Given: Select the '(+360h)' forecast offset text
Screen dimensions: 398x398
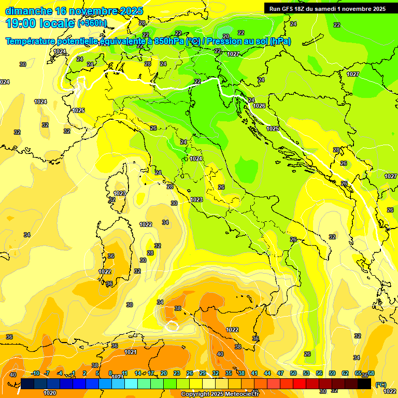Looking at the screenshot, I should (x=92, y=23).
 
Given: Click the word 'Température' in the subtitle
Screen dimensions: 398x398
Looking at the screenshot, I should (x=31, y=41).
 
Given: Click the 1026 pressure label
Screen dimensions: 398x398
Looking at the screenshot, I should (x=259, y=106).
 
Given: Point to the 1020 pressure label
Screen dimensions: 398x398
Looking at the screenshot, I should (x=50, y=393).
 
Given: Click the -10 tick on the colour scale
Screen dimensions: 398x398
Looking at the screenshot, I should (x=35, y=373).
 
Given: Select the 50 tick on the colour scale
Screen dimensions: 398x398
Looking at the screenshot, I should (x=293, y=373).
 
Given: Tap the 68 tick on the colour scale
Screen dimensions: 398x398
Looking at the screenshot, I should (x=371, y=373).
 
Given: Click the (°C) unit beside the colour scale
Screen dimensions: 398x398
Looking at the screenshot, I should (x=380, y=385).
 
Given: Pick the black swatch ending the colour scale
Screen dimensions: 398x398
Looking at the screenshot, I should (x=364, y=384).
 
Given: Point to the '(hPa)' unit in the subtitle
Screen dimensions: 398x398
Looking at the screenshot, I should (x=280, y=41).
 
